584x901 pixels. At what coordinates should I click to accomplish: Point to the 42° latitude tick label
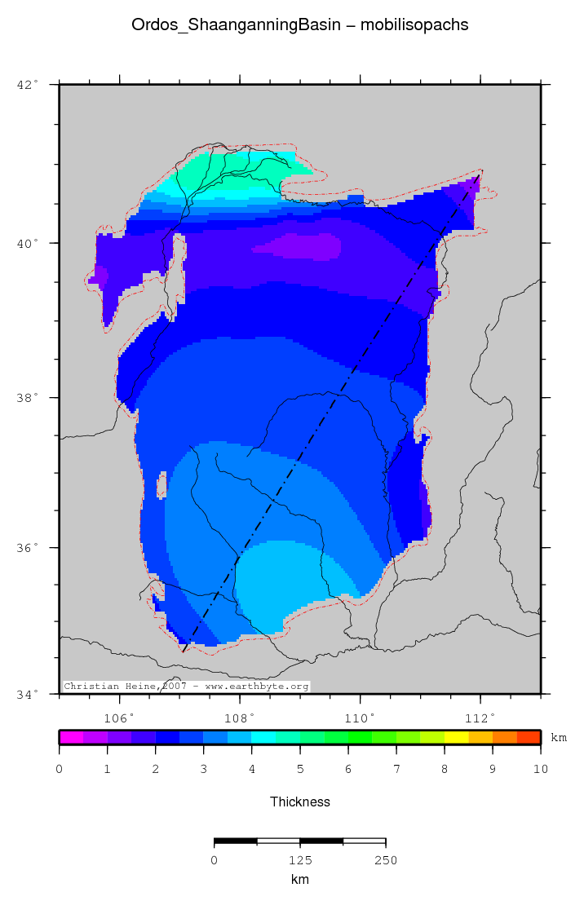pos(28,84)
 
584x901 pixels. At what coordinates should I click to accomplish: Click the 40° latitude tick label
pos(28,243)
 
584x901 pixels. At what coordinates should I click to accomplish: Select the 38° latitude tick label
pos(28,398)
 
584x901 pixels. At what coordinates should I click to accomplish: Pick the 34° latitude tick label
pos(28,694)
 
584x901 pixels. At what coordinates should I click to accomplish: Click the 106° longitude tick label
pos(120,718)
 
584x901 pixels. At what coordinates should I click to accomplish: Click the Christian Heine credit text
pos(187,687)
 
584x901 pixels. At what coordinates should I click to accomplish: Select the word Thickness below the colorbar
pos(299,802)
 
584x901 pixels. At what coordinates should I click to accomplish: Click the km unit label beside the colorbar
pos(559,737)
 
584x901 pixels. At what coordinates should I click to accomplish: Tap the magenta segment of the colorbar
pos(71,737)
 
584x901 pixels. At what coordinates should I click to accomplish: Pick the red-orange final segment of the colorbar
pos(529,737)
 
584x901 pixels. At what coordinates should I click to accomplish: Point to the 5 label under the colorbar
pos(299,769)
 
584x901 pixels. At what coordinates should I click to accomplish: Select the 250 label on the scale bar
pos(385,859)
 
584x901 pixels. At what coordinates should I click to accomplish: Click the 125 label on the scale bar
pos(299,859)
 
